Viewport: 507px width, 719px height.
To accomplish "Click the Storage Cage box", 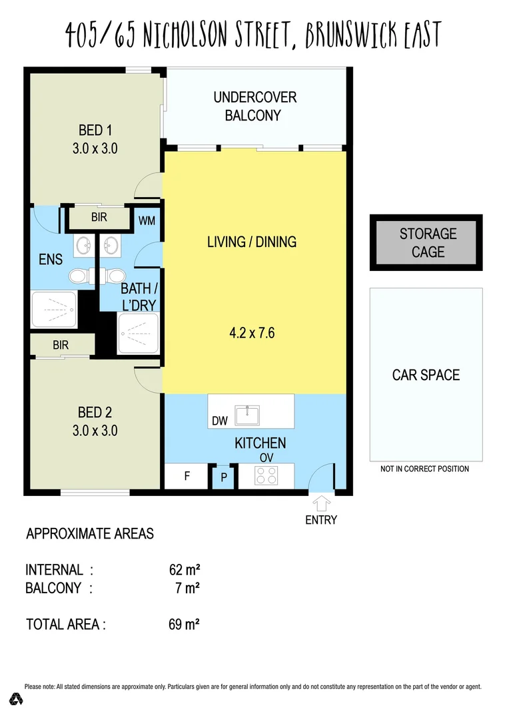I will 426,243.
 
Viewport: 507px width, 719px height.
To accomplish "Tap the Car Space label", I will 426,375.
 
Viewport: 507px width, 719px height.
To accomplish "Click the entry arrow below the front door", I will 320,502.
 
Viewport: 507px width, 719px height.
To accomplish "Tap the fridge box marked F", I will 187,477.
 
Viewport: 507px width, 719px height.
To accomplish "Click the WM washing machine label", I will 147,220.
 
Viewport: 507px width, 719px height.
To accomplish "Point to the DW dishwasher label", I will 220,421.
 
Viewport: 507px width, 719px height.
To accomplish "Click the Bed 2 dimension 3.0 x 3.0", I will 95,431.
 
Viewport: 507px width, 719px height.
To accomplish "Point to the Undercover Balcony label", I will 254,107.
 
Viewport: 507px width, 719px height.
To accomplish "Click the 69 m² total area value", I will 185,624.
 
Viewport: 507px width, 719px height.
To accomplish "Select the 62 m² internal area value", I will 185,570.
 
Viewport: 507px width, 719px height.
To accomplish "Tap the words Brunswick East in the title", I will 373,34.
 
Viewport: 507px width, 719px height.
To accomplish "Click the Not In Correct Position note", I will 424,469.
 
